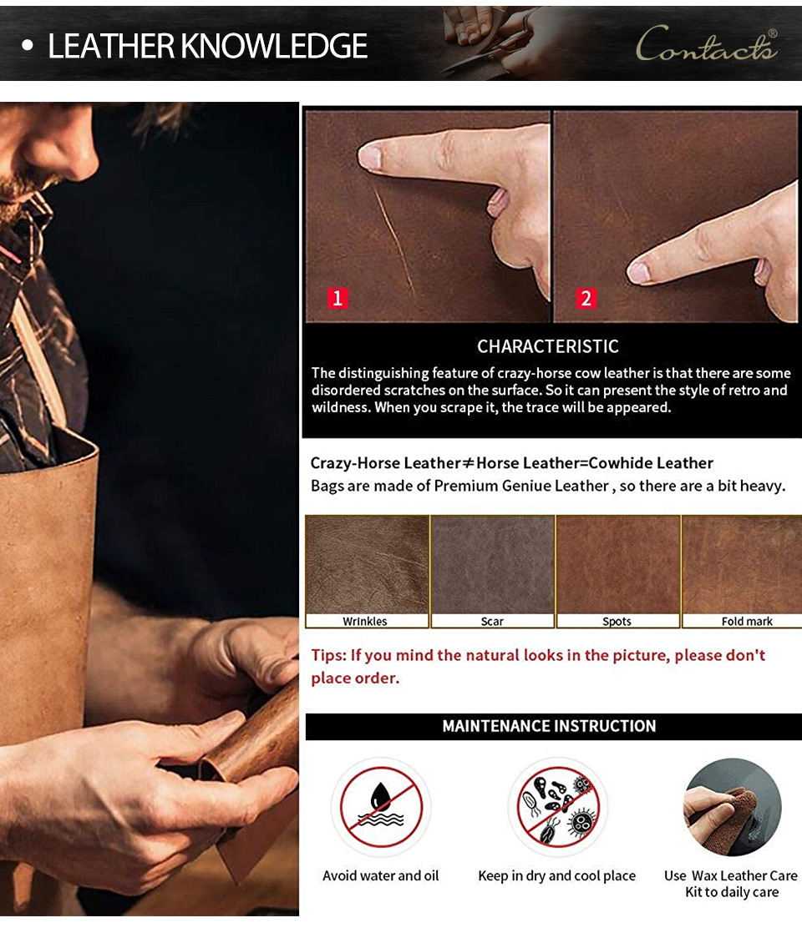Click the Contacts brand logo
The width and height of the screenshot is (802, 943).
pos(707,44)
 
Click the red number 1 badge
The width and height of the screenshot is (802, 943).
pos(338,298)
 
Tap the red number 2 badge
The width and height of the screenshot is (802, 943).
pos(586,298)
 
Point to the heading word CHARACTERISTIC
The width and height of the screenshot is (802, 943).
pos(548,346)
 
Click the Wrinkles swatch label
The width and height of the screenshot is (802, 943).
pos(365,621)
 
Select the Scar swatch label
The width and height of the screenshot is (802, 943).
pos(492,621)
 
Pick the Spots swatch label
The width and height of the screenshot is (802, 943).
pos(617,621)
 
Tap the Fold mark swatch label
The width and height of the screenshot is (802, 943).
pos(747,621)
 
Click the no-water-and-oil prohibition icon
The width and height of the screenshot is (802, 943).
pos(380,806)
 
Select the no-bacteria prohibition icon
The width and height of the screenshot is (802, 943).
pos(557,806)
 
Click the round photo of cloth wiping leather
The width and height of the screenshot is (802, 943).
pos(732,807)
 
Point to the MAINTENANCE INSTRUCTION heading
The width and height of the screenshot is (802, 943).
pos(549,726)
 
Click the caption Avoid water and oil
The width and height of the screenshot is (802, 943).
pos(380,875)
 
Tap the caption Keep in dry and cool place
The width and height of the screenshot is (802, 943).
pos(557,876)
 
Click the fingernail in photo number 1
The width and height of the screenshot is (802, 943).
pos(369,158)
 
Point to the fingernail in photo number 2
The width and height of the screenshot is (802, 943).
pos(638,274)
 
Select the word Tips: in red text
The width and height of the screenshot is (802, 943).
pos(328,656)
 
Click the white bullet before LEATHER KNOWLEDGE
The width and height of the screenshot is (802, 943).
pos(27,46)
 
